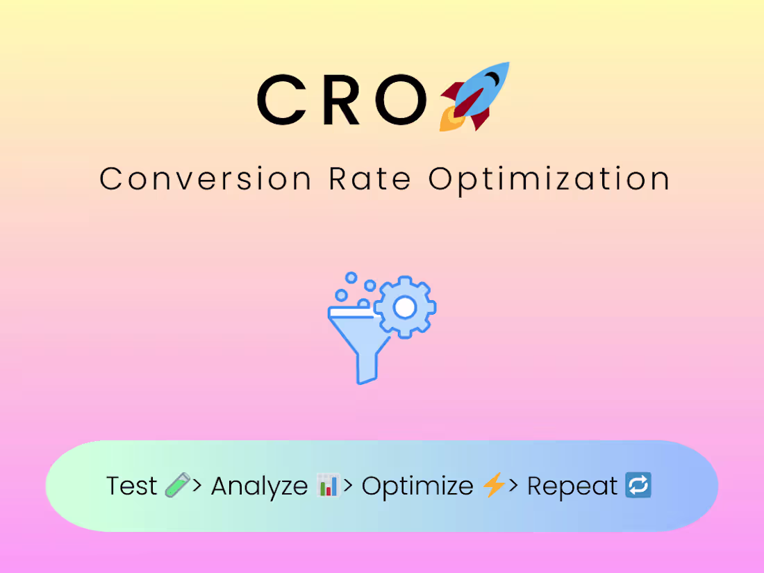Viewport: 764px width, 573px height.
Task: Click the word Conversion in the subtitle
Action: (x=206, y=178)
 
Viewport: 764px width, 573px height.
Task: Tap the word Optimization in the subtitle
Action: (x=549, y=180)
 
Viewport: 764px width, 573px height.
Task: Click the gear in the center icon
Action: (x=405, y=307)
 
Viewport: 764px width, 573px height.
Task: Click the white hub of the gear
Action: (x=405, y=307)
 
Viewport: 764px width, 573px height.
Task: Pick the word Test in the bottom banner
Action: (x=132, y=486)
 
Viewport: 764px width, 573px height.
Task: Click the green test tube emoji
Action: (x=176, y=485)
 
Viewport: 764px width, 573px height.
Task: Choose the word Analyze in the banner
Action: (x=259, y=486)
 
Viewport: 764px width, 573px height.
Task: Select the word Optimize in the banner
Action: (x=417, y=486)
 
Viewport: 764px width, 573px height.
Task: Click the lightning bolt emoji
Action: (x=494, y=485)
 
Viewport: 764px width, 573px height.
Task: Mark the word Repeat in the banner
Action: (x=572, y=486)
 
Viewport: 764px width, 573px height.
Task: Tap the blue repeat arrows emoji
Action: (x=638, y=485)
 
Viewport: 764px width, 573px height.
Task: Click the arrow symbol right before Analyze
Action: (x=197, y=485)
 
